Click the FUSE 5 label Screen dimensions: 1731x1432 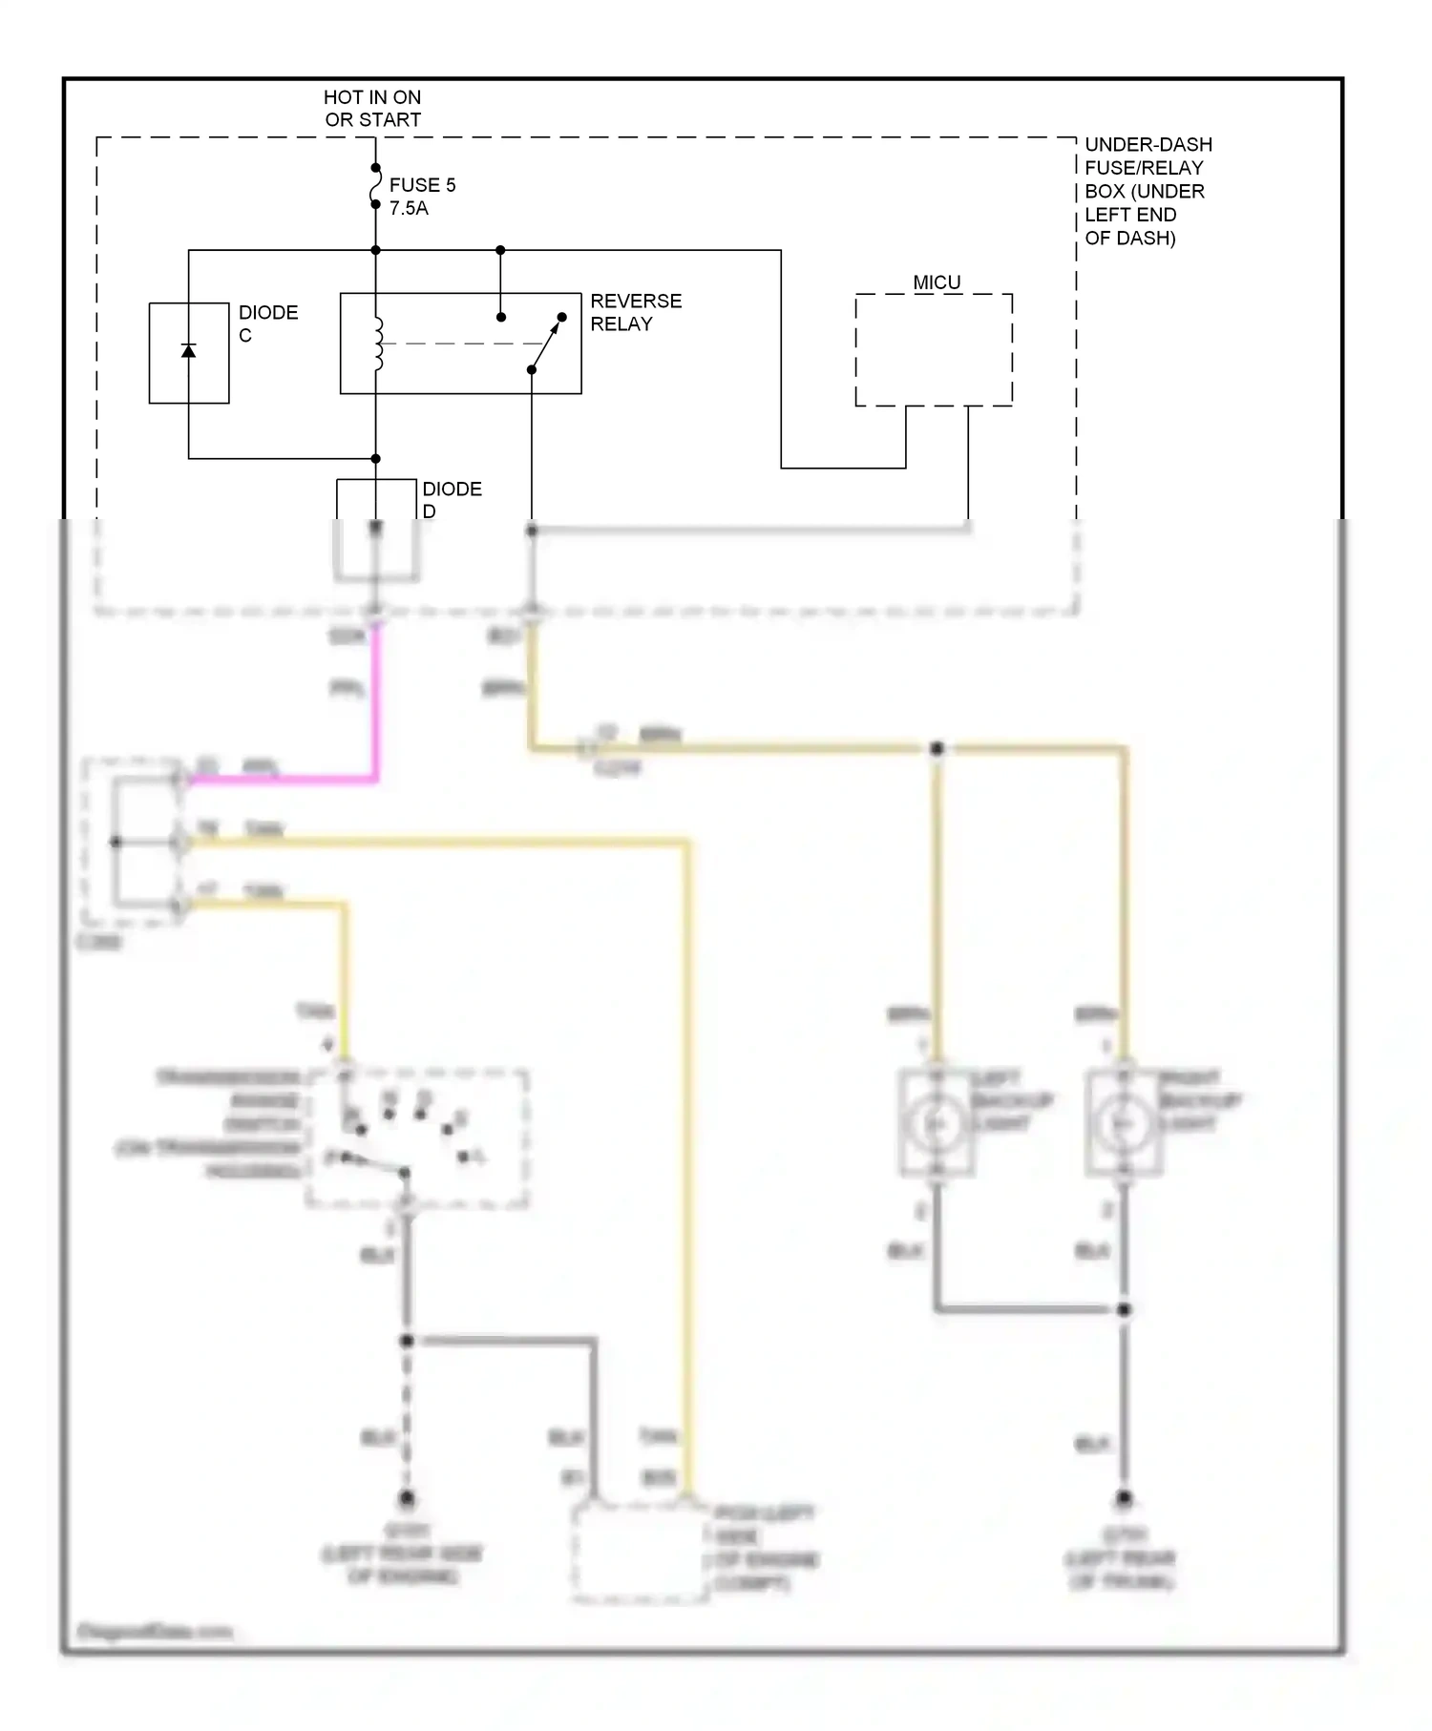422,185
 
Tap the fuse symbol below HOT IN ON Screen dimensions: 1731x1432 375,186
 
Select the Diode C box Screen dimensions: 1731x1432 189,353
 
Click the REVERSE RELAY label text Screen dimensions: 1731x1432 635,312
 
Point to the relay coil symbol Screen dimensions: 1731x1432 378,344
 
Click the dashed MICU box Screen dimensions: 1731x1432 933,349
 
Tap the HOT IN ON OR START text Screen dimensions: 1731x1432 372,109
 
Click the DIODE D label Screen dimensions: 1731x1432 452,499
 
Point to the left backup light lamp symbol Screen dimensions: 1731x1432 937,1124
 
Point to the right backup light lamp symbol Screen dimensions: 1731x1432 1124,1124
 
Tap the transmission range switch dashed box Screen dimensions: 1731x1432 417,1138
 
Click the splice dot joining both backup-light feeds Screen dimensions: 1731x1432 937,749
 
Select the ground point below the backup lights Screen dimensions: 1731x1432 1124,1499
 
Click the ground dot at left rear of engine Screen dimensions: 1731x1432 407,1497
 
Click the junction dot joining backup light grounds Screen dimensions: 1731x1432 1124,1309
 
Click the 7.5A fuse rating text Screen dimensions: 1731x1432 409,208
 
